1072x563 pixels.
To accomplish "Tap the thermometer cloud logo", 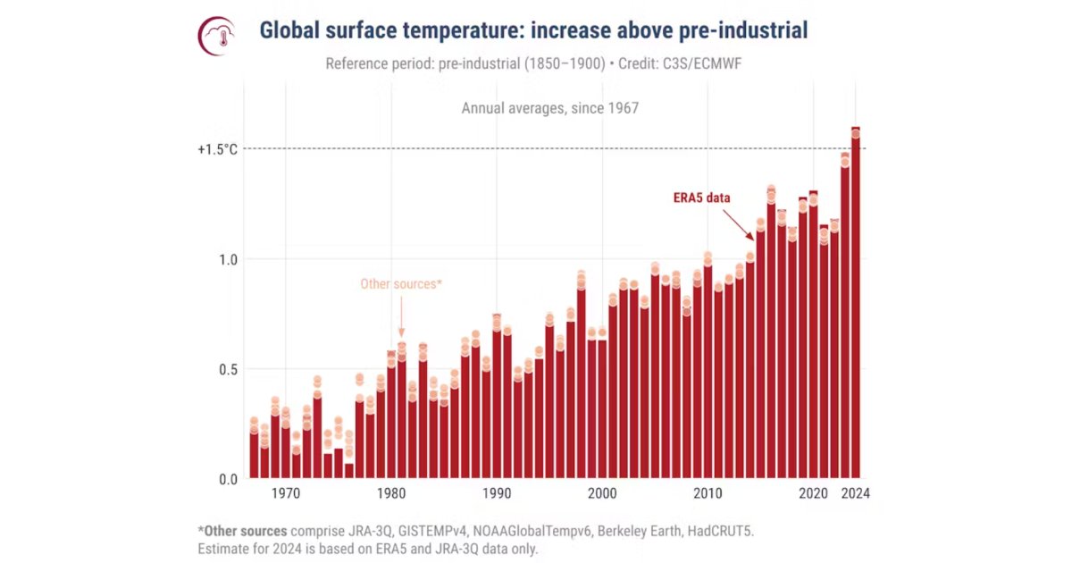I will tap(216, 36).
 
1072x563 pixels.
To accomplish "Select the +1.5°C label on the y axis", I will tap(217, 149).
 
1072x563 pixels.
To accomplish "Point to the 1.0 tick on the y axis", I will tap(228, 259).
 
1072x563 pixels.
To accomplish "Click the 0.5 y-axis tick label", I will tap(228, 369).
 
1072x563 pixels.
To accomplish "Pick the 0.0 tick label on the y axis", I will tap(228, 479).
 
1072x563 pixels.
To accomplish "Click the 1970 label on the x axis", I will tap(286, 493).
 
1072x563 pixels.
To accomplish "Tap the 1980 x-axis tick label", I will tap(391, 493).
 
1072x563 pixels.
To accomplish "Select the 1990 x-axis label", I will tap(497, 493).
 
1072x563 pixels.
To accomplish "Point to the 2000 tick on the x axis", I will tap(602, 493).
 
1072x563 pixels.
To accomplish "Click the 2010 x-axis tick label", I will tap(708, 493).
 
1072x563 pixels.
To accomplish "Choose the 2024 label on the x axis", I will tap(855, 493).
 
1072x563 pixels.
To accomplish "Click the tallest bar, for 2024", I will tap(855, 313).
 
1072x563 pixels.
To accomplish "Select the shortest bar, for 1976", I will tap(348, 471).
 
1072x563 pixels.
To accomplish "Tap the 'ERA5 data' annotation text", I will tap(701, 197).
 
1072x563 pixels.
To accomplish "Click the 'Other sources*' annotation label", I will tap(401, 284).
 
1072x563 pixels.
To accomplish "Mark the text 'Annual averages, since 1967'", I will tap(549, 108).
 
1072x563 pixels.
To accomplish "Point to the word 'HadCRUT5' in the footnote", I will tap(721, 531).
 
